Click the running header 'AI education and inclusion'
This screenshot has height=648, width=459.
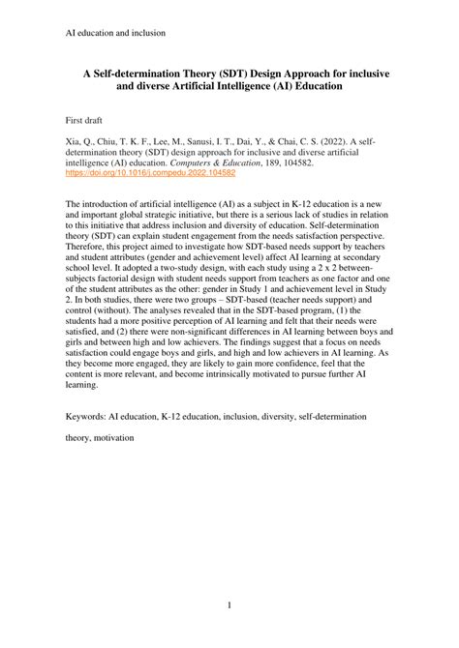(x=115, y=33)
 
